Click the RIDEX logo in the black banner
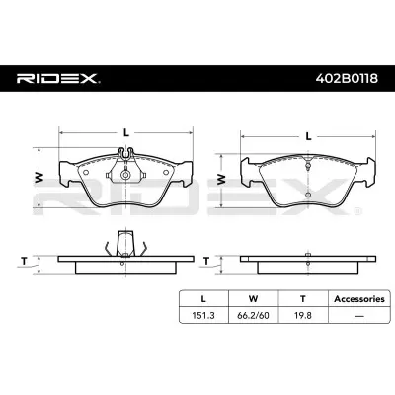58,78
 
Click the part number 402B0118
347,79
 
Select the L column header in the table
203,299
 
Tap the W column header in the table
253,299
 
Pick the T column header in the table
303,299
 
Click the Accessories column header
359,299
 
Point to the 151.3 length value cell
203,315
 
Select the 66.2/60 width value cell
253,315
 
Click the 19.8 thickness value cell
303,315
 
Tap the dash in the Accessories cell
359,316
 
